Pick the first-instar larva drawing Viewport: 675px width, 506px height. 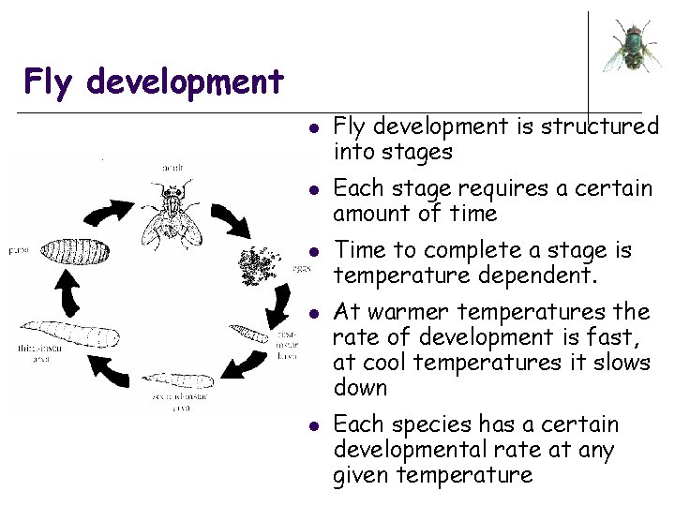248,332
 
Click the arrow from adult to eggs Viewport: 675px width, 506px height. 230,217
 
